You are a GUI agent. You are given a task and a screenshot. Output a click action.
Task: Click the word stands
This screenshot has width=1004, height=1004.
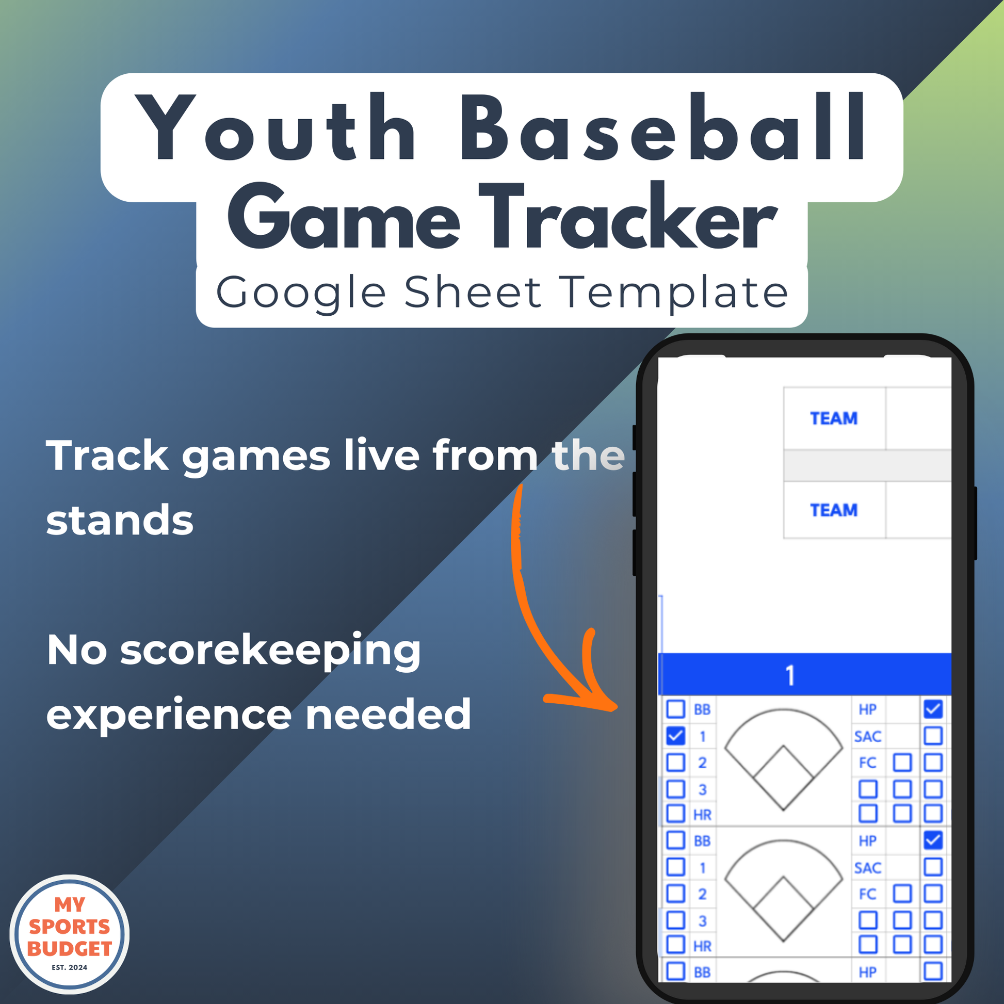[120, 520]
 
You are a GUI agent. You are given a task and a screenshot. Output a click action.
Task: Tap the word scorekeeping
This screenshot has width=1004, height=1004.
[270, 652]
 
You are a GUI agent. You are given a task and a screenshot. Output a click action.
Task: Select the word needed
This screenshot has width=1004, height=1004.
[388, 714]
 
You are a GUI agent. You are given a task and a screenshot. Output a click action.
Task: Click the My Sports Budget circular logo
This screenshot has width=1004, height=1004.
[70, 934]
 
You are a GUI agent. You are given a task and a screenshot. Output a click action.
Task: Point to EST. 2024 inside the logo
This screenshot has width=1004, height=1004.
[70, 967]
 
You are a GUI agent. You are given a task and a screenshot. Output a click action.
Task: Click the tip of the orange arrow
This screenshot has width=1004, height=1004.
[617, 707]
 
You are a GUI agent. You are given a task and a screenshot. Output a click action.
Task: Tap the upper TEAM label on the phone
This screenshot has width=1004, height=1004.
[834, 418]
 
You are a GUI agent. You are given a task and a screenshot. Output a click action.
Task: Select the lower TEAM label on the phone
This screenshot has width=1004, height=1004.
[834, 510]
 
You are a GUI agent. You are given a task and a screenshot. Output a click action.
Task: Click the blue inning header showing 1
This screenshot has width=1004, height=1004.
[804, 674]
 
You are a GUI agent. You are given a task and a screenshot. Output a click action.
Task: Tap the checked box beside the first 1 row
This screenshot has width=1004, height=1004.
[675, 736]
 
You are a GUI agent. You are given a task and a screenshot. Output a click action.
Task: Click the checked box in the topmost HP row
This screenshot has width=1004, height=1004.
[933, 709]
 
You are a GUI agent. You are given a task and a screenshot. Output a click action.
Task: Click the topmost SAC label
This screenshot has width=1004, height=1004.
[868, 736]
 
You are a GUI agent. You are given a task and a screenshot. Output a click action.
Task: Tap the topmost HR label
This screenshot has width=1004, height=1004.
[703, 815]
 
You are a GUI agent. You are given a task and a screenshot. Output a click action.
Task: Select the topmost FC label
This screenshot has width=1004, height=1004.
[868, 763]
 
